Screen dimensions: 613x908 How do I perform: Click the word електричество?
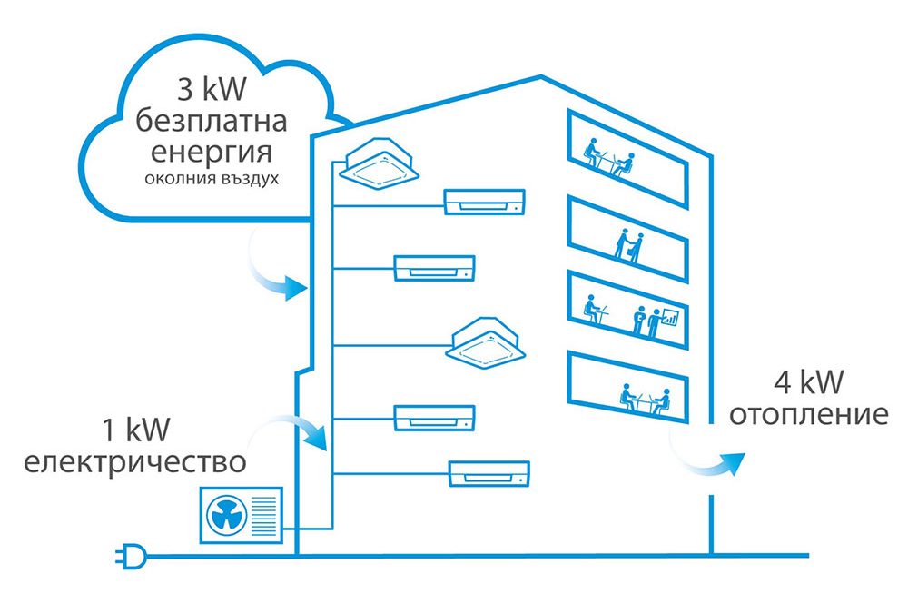[x=135, y=461]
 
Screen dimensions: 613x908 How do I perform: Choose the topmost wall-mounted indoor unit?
[x=484, y=201]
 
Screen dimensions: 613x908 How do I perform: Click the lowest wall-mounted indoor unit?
[x=489, y=471]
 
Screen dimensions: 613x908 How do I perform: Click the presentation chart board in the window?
[x=670, y=317]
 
